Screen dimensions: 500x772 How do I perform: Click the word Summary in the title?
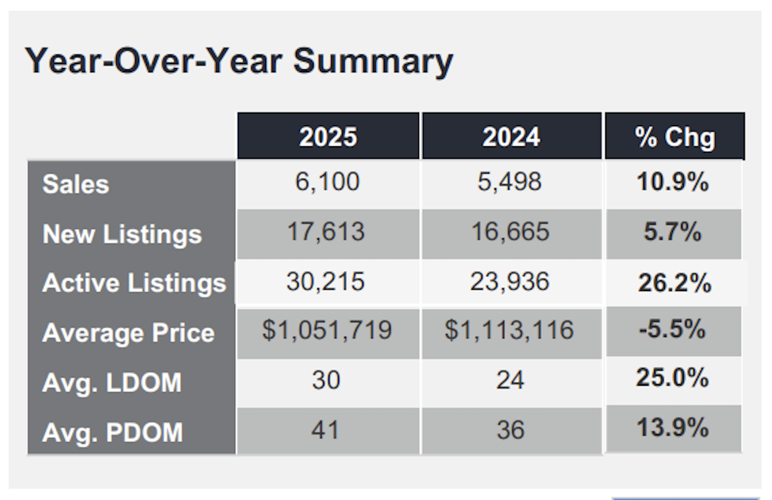click(x=374, y=61)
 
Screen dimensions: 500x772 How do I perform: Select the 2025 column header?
click(x=328, y=137)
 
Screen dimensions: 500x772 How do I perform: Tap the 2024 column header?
click(x=511, y=137)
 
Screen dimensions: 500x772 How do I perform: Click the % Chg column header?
click(x=675, y=137)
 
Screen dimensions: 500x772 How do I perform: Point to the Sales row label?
click(x=76, y=184)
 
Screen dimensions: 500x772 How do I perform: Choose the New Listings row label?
click(x=122, y=234)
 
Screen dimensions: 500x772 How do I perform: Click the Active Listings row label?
click(x=134, y=283)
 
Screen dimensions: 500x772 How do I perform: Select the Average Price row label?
click(x=128, y=333)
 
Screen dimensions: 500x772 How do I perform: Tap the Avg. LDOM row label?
click(x=111, y=383)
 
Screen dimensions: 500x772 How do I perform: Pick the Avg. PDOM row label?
click(x=113, y=432)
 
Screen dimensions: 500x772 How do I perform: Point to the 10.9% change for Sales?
click(x=673, y=182)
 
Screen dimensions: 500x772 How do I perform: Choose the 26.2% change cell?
click(x=674, y=283)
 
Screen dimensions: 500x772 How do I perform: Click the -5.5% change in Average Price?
click(x=672, y=329)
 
